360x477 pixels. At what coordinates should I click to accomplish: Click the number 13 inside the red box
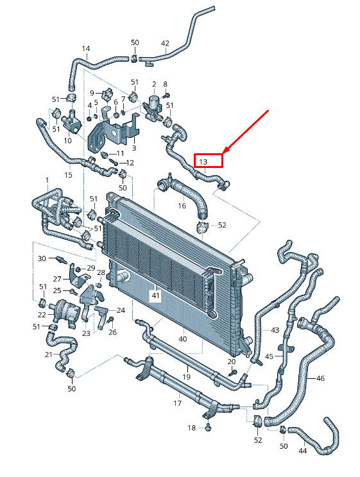[x=203, y=162]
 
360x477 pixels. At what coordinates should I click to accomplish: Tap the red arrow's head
[x=227, y=149]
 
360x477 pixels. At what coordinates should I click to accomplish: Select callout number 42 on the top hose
[x=165, y=44]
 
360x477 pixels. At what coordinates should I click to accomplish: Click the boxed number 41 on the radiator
[x=156, y=296]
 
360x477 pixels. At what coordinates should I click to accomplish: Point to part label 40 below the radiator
[x=182, y=339]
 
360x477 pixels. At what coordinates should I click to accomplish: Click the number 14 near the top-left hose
[x=86, y=48]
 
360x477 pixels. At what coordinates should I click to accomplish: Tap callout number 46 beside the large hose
[x=320, y=378]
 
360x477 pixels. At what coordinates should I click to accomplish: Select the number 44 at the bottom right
[x=302, y=451]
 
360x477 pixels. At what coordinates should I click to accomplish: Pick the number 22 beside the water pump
[x=42, y=315]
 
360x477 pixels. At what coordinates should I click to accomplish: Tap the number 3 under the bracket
[x=133, y=149]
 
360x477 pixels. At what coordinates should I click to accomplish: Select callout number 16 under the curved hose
[x=182, y=206]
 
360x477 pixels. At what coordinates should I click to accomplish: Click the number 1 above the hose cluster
[x=47, y=180]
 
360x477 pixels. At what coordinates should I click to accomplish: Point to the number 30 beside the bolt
[x=42, y=258]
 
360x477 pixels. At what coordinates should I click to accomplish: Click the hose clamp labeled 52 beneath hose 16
[x=202, y=226]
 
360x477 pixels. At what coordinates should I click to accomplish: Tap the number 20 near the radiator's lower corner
[x=232, y=362]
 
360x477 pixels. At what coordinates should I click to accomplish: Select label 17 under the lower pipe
[x=178, y=403]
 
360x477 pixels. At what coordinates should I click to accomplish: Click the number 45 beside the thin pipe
[x=270, y=356]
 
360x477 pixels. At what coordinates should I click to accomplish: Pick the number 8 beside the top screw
[x=166, y=84]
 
